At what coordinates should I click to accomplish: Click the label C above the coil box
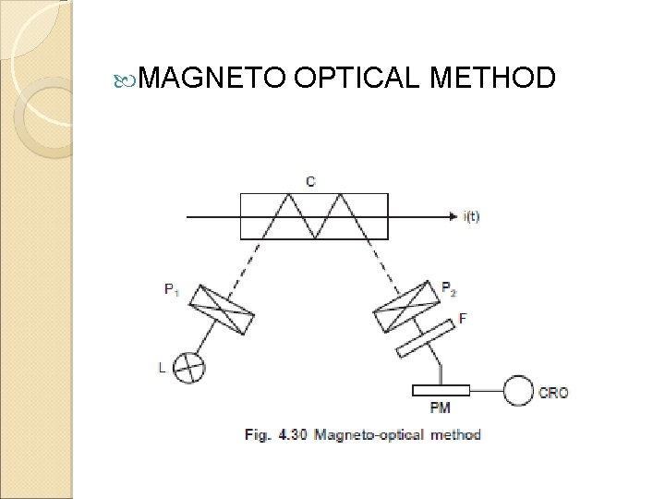pyautogui.click(x=309, y=181)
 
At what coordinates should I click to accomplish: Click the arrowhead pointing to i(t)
pyautogui.click(x=453, y=216)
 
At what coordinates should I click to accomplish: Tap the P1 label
pyautogui.click(x=171, y=288)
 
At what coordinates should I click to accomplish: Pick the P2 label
pyautogui.click(x=448, y=288)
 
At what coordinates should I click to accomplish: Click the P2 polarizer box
pyautogui.click(x=403, y=306)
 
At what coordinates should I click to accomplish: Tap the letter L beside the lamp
pyautogui.click(x=163, y=367)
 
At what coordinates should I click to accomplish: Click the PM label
pyautogui.click(x=441, y=408)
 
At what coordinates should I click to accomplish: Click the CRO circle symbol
pyautogui.click(x=517, y=391)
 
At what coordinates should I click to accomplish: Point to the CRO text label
pyautogui.click(x=555, y=392)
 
